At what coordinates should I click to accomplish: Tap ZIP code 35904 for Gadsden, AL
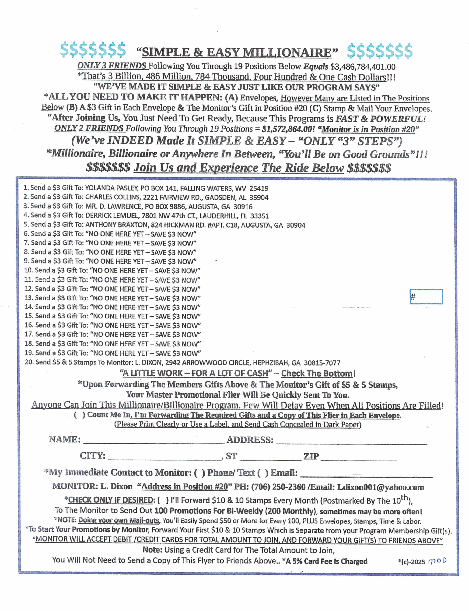tap(259, 197)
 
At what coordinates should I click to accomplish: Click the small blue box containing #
tap(426, 297)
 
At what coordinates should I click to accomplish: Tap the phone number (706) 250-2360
tap(278, 487)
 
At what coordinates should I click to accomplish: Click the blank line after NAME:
tap(154, 441)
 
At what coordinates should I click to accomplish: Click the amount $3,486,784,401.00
tap(363, 67)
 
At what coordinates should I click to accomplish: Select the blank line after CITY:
tap(164, 458)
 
